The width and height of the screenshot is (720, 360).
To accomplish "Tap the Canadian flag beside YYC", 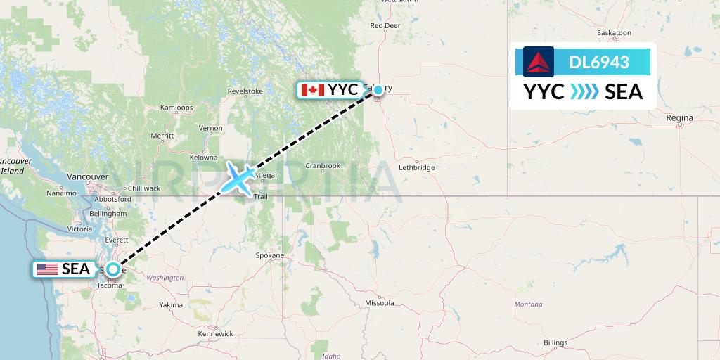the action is tap(312, 90).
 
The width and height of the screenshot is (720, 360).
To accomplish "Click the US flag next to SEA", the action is tap(48, 269).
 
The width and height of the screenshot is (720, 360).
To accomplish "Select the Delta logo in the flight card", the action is tap(539, 62).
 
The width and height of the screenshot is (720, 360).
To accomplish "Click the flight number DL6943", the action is tap(599, 63).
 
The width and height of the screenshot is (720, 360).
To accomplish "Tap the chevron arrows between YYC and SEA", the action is tap(584, 92).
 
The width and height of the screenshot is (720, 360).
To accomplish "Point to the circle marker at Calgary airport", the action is tap(378, 90).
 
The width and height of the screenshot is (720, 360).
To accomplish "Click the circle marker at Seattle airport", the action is tap(112, 269).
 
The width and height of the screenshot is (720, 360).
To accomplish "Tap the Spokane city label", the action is tap(269, 255).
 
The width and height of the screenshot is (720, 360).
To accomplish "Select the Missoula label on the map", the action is tap(379, 303).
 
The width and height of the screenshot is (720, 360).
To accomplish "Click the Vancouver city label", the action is tap(88, 176).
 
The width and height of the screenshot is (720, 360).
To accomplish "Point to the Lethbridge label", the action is tap(417, 167).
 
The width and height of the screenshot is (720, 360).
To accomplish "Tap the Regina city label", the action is tap(681, 117).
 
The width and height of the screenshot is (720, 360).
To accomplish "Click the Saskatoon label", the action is tap(613, 32).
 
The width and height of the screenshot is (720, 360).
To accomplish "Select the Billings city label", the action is tap(555, 342).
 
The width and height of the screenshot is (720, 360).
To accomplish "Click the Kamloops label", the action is tap(176, 108).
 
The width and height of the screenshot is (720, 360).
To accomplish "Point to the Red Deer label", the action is tap(385, 26).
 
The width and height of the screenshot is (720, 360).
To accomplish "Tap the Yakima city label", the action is tap(171, 305).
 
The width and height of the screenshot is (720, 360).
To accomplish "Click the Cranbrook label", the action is tap(323, 166).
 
